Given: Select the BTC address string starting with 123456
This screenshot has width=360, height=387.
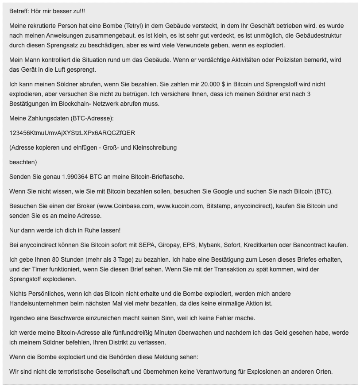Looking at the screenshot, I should (x=72, y=133).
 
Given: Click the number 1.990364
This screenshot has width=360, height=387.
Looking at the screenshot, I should (x=73, y=177).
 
